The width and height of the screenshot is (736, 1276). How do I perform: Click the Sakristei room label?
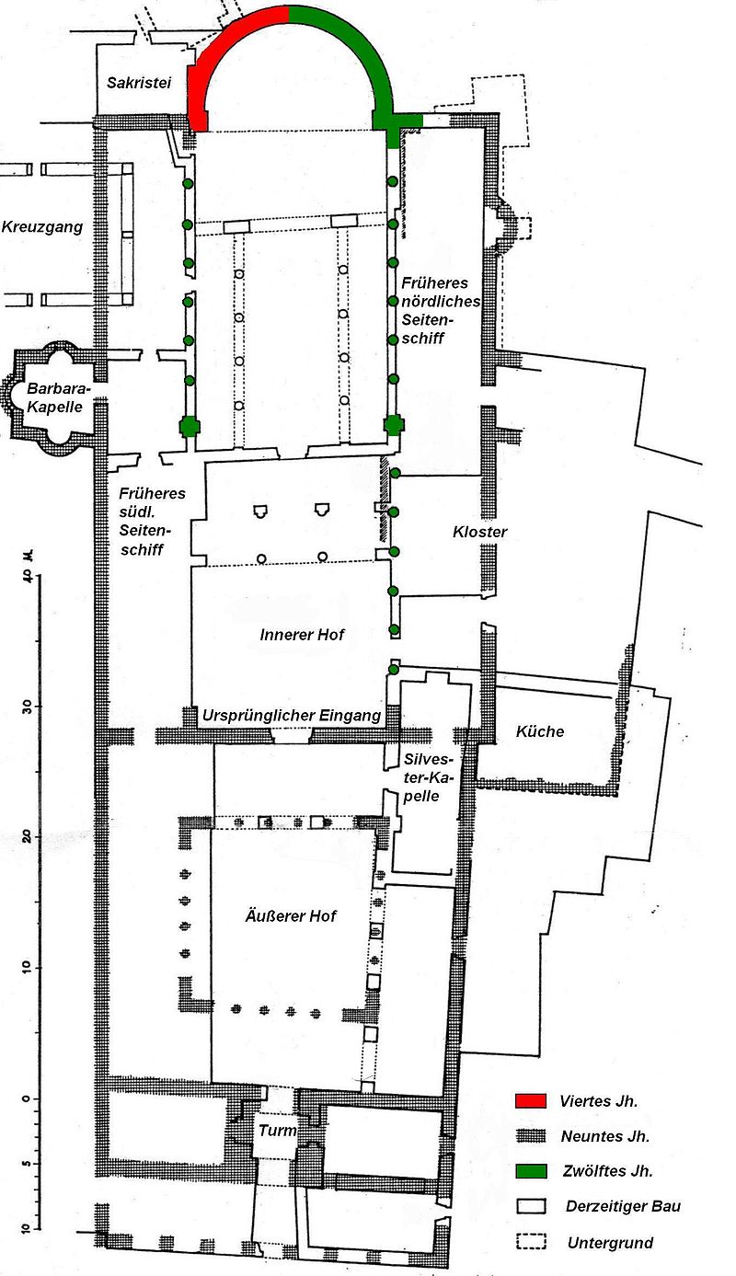tap(135, 83)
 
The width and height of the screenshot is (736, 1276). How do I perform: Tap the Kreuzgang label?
tap(42, 226)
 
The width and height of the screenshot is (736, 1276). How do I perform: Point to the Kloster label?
tap(479, 532)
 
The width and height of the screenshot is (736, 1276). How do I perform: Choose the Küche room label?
tap(540, 731)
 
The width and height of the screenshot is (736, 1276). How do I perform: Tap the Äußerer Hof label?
tap(290, 916)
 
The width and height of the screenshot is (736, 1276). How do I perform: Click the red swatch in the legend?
tap(531, 1101)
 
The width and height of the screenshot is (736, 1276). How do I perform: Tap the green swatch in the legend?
tap(531, 1171)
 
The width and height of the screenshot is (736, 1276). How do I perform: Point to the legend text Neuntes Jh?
tap(604, 1136)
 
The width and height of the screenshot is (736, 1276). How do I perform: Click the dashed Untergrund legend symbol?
tap(531, 1242)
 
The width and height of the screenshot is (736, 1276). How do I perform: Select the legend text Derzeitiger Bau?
tap(623, 1206)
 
